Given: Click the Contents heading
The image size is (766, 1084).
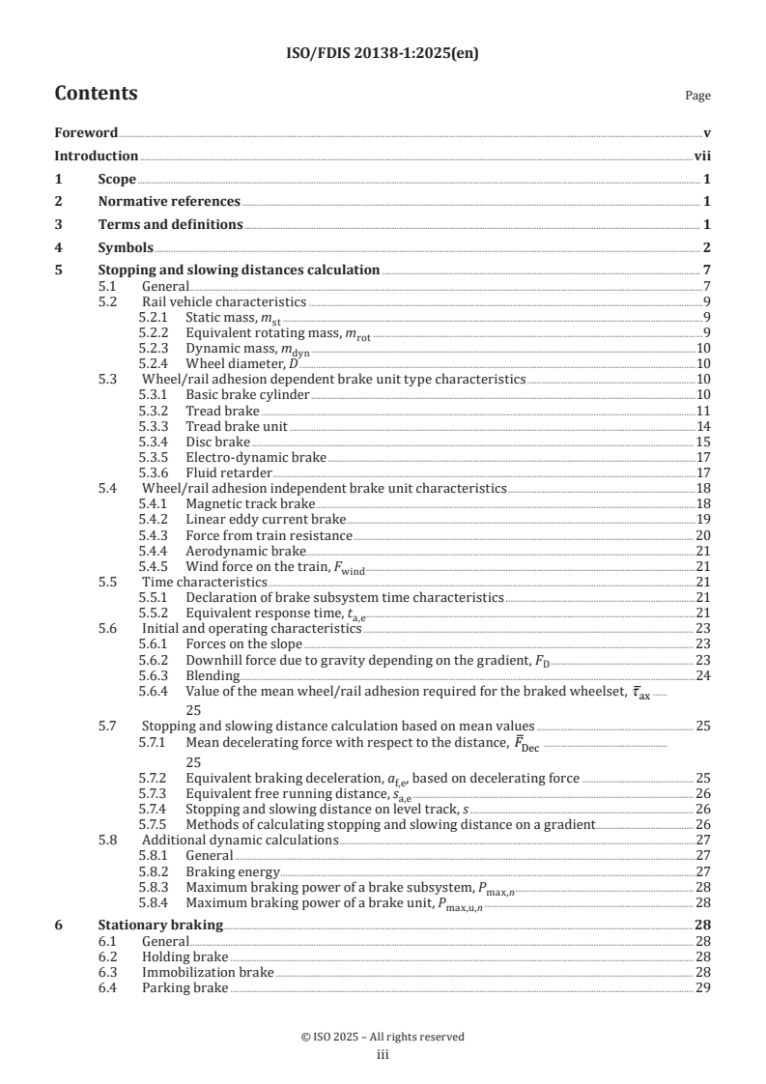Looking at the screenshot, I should pyautogui.click(x=96, y=94).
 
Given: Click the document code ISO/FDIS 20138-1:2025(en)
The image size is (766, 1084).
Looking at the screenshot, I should pyautogui.click(x=383, y=54).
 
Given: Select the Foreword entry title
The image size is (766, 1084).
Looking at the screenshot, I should pyautogui.click(x=86, y=132).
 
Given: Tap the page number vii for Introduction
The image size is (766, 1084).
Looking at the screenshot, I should pyautogui.click(x=703, y=156).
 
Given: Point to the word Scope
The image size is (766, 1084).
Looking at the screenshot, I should pyautogui.click(x=117, y=179).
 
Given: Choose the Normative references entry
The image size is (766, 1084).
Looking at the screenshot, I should pyautogui.click(x=169, y=202).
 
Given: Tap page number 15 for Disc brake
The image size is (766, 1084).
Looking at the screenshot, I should pyautogui.click(x=703, y=442).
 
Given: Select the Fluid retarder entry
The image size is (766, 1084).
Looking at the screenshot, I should pyautogui.click(x=228, y=472).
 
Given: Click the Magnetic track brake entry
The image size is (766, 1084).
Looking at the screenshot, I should pyautogui.click(x=250, y=504).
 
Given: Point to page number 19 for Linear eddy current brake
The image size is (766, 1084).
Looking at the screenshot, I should pyautogui.click(x=703, y=520).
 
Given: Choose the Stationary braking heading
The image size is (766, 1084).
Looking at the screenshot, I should pyautogui.click(x=160, y=926).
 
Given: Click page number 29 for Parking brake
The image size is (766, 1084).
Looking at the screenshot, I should pyautogui.click(x=703, y=987).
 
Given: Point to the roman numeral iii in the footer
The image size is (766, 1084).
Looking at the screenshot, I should pyautogui.click(x=383, y=1054).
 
